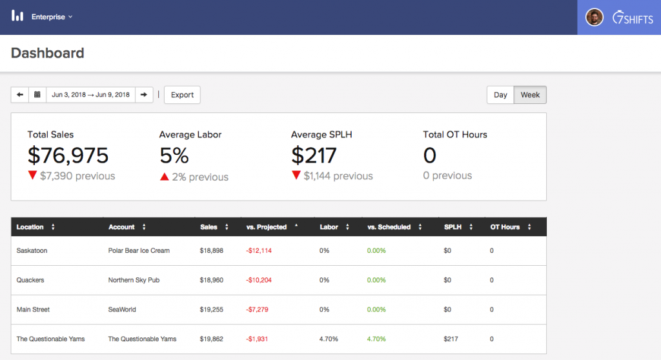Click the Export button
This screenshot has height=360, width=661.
[182, 95]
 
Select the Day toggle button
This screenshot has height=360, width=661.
[500, 95]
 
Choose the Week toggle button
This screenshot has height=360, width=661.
[530, 95]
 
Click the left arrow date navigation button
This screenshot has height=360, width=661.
[19, 95]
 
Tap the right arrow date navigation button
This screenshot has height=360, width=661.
[144, 95]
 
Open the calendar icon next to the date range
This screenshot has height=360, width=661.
[37, 95]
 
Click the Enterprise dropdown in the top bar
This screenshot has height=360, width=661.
[52, 17]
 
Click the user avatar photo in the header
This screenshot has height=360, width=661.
[594, 17]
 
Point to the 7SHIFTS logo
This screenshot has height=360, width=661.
[633, 17]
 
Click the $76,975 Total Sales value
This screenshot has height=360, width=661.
[68, 155]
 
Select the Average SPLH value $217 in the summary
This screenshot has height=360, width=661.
[314, 155]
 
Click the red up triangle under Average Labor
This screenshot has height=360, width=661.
[165, 177]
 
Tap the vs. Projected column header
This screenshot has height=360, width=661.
[267, 227]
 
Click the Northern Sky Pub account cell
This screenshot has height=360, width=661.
[134, 280]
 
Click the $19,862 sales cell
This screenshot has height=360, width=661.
[212, 339]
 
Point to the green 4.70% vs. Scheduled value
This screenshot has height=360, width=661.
[376, 339]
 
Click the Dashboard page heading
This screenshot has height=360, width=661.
[48, 53]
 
